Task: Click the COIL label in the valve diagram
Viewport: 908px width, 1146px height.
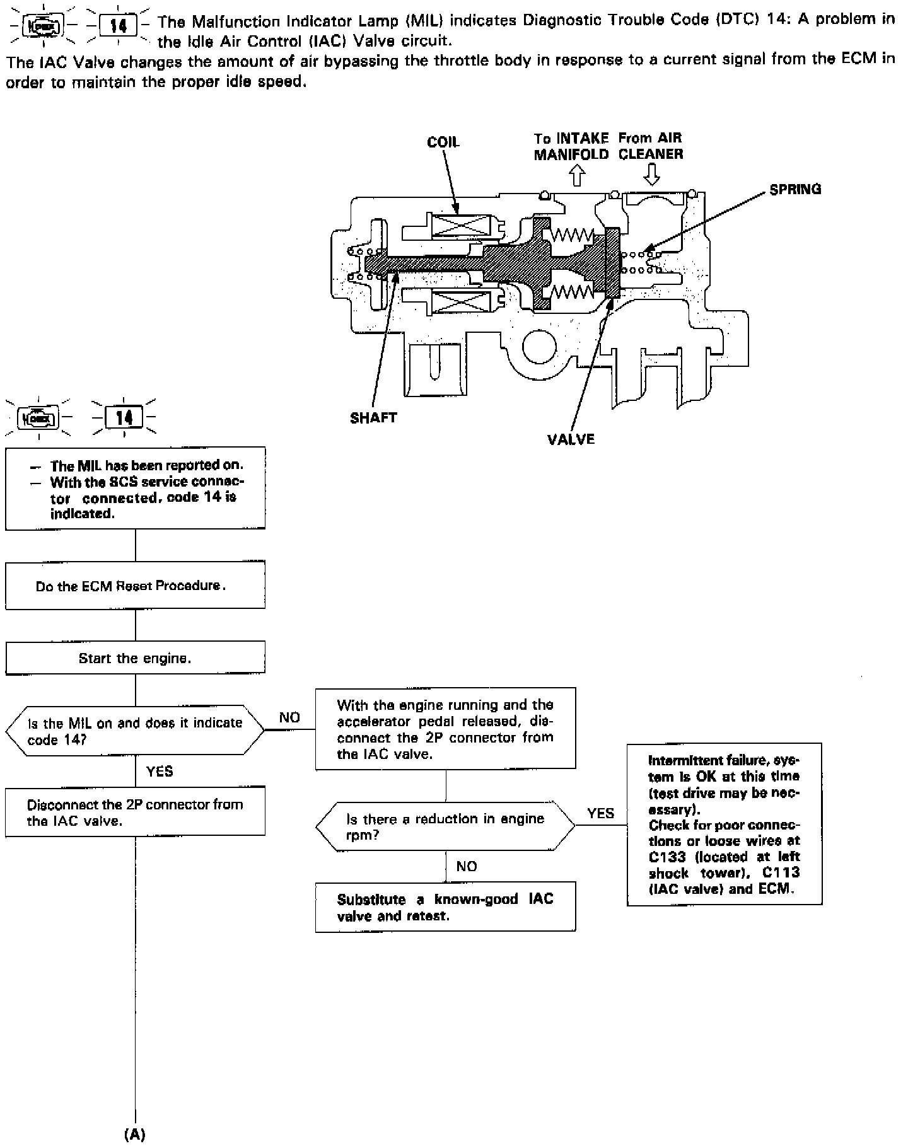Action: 443,142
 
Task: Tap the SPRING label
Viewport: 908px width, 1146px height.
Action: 795,189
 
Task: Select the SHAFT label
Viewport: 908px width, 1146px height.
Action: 373,417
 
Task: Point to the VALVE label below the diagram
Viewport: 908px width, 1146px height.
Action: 571,439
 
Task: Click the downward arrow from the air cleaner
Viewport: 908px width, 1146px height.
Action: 651,175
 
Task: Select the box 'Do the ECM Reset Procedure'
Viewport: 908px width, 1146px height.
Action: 135,585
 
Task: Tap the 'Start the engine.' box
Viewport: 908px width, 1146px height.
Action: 135,658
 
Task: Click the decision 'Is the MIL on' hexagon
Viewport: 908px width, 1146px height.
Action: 135,731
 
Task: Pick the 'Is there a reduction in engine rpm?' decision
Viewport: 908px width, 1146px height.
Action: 445,826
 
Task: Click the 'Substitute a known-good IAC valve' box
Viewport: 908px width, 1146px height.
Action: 445,907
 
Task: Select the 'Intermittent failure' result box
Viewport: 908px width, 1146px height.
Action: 725,825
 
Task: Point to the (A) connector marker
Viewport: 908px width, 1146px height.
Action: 135,1134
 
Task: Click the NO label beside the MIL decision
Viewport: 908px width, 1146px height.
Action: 289,717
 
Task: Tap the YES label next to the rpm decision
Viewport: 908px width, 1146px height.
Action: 600,813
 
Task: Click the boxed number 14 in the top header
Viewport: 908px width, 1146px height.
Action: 119,26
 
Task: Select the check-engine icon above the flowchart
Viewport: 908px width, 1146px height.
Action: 40,417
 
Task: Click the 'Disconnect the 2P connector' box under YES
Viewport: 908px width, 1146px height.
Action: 135,812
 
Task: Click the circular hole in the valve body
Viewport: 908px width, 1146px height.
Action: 539,346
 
